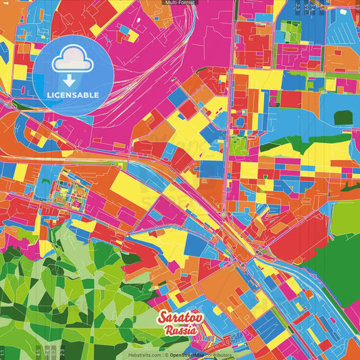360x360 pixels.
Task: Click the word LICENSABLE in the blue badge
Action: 73,94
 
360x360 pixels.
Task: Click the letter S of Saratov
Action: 162,317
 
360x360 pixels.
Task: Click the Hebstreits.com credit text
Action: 143,355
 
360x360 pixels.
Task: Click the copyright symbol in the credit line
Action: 165,355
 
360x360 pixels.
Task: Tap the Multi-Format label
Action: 180,3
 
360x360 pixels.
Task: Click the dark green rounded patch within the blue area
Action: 343,118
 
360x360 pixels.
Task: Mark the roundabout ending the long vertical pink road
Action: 223,214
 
